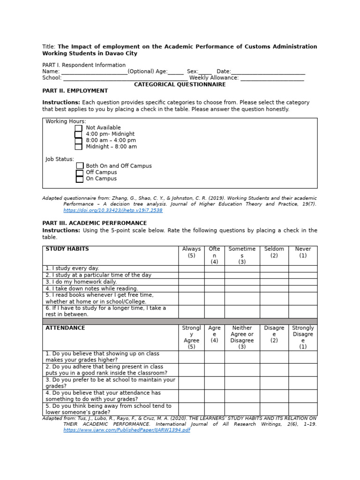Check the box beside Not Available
point(78,128)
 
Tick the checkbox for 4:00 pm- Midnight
point(78,135)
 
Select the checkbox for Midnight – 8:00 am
point(78,147)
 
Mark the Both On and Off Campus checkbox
point(80,166)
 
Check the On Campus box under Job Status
point(80,179)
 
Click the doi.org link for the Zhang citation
point(112,210)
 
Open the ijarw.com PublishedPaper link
point(127,430)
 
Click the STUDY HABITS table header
point(67,249)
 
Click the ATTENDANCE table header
point(65,328)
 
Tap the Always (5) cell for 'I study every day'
point(191,269)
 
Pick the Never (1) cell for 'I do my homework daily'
point(303,282)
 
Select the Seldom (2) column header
point(274,253)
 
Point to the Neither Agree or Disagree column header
point(242,334)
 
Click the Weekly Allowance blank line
point(272,79)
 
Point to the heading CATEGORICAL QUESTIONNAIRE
point(180,85)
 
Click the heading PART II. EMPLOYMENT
point(75,91)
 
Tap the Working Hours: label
point(66,121)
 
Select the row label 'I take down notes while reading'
point(92,289)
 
